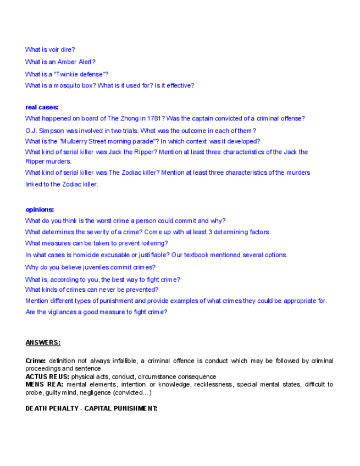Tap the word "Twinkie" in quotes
(x=77, y=74)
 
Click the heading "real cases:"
(x=42, y=107)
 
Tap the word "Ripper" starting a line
(x=34, y=162)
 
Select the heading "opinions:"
(x=40, y=209)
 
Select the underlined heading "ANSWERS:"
(x=43, y=343)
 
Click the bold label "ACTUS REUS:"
(x=47, y=377)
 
